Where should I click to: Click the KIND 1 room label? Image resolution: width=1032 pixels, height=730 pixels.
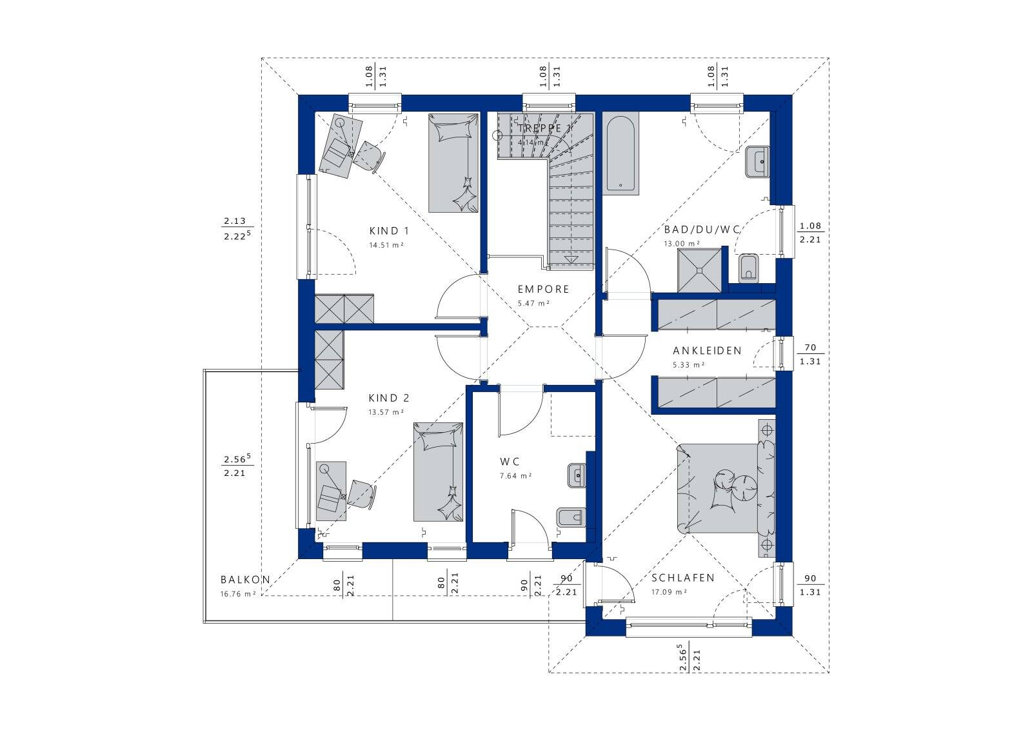point(389,231)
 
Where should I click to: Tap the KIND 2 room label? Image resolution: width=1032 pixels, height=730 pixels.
point(389,398)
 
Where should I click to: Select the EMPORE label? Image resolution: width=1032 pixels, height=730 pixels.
point(544,290)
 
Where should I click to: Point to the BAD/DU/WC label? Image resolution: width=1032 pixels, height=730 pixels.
point(702,230)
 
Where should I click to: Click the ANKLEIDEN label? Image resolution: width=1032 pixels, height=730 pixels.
point(707,351)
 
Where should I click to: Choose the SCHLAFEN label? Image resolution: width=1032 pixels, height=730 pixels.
point(683,578)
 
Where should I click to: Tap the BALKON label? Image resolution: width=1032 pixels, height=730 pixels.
point(245,580)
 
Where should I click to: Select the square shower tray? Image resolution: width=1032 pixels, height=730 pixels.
point(699,270)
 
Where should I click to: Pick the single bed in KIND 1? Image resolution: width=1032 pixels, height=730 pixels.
point(454,164)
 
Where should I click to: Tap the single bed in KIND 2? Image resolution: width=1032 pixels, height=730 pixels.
point(438,472)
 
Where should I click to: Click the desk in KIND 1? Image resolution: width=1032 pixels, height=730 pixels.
point(341,146)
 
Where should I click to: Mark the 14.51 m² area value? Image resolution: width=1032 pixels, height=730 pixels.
point(386,245)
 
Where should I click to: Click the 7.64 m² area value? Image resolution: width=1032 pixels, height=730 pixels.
point(515,476)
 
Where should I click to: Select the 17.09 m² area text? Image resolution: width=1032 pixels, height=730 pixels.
point(669,592)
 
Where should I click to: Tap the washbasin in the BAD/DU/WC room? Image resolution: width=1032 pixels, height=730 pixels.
point(757,162)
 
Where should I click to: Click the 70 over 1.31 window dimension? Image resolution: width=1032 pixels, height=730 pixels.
point(810,355)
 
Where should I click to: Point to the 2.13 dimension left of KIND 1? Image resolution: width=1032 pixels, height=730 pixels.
point(235,221)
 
